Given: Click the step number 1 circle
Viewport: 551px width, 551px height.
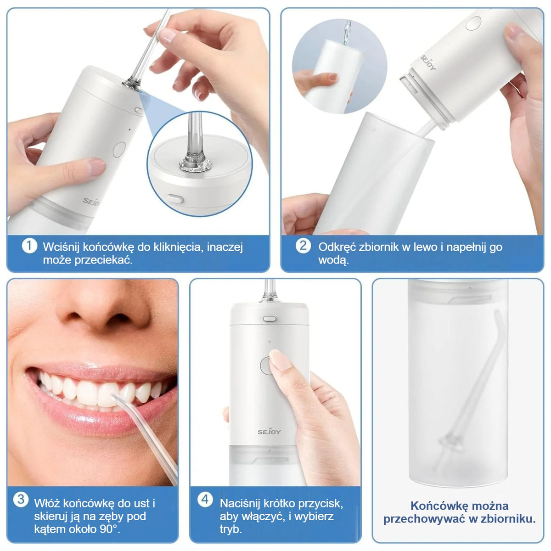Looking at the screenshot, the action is click(x=29, y=246).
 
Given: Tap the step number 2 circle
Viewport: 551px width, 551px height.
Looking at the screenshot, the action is click(x=303, y=246).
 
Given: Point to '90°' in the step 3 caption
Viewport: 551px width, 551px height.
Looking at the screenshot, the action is click(x=110, y=529).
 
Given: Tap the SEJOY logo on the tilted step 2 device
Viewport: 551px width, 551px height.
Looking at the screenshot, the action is click(x=428, y=63).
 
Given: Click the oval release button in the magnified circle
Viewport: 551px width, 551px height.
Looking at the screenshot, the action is click(x=175, y=198).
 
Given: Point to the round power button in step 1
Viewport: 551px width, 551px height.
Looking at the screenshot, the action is click(x=119, y=150).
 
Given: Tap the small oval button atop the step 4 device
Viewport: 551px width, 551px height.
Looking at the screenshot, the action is click(x=270, y=318).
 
